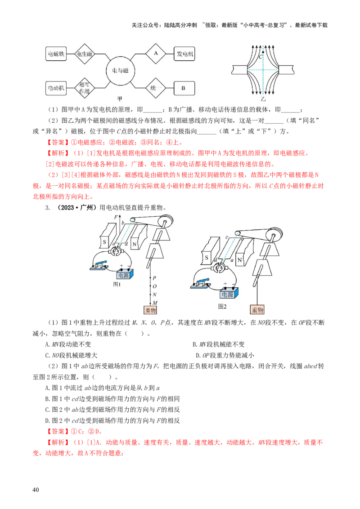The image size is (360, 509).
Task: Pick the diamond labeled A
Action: pyautogui.click(x=156, y=53)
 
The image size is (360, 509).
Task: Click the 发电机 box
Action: pyautogui.click(x=184, y=54)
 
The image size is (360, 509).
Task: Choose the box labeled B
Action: pyautogui.click(x=184, y=88)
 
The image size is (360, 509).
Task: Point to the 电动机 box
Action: pyautogui.click(x=56, y=88)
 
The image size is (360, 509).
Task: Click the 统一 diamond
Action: pyautogui.click(x=155, y=88)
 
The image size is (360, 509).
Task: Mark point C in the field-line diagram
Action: pyautogui.click(x=263, y=53)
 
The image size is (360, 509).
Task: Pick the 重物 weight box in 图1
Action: pyautogui.click(x=150, y=310)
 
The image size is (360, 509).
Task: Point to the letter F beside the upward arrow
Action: pyautogui.click(x=116, y=217)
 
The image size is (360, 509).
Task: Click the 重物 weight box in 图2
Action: pyautogui.click(x=257, y=310)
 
